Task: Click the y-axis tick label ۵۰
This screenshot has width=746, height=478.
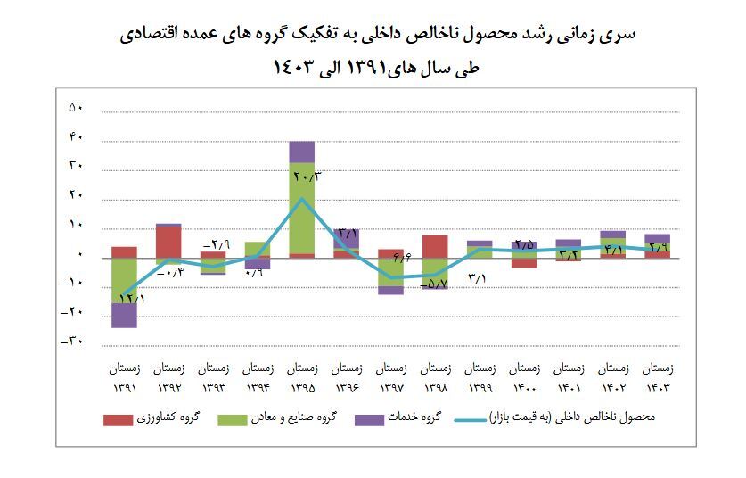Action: click(77, 108)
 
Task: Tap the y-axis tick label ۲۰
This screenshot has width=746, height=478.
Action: click(77, 195)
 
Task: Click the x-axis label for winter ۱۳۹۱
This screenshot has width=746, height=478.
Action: click(124, 377)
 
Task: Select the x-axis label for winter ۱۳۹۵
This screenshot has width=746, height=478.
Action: click(302, 377)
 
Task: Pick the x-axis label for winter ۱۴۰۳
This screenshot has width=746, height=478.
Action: click(658, 377)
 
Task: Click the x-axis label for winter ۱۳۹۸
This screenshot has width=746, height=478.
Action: click(435, 377)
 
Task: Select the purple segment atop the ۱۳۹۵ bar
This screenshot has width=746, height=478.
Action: click(302, 152)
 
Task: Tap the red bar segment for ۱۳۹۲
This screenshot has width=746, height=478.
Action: click(168, 242)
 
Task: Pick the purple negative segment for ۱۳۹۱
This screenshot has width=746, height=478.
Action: click(124, 316)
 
